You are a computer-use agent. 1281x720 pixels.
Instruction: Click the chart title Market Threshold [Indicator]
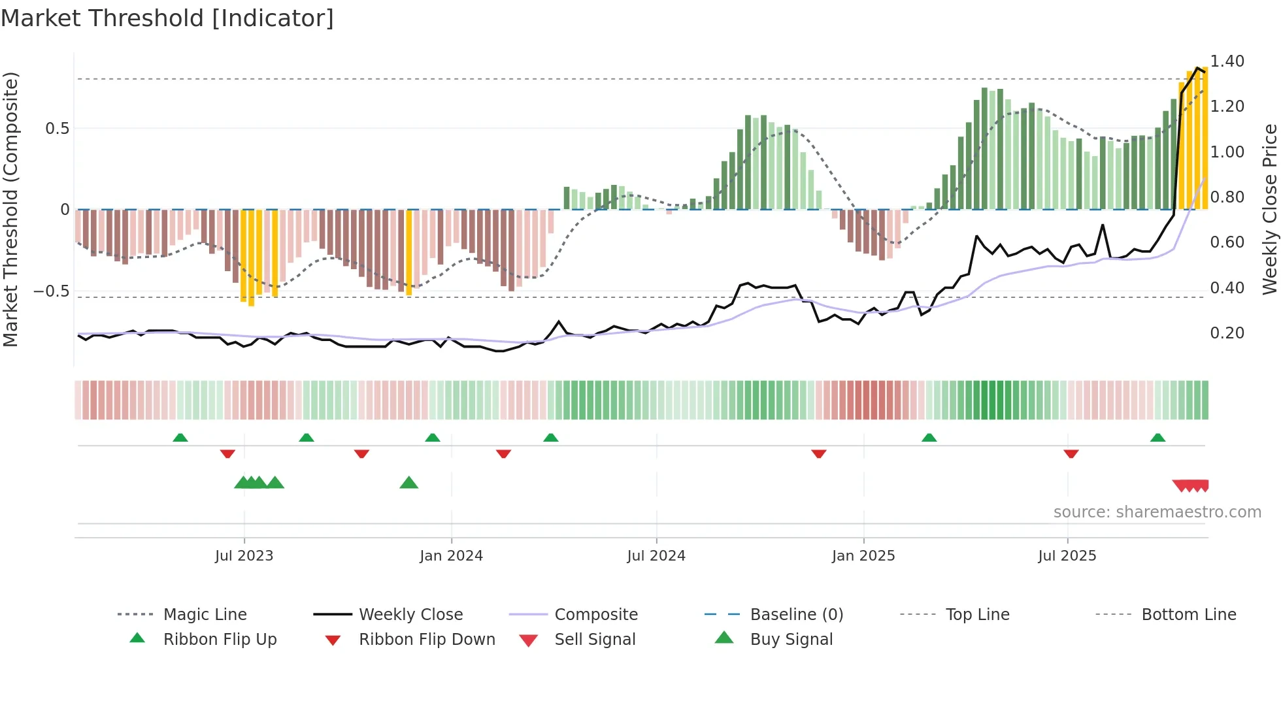[167, 18]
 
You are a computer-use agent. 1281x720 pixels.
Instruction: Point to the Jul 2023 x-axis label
[244, 556]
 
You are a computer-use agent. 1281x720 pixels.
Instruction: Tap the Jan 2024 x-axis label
[451, 556]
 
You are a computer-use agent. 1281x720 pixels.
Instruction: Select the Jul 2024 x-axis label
[656, 556]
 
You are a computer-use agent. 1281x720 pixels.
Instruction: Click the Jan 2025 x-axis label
[863, 556]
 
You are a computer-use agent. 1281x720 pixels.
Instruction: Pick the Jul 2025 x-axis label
[1067, 556]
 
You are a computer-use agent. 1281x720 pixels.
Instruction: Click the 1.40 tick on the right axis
[1227, 61]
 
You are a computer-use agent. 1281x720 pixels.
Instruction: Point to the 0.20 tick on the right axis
[1227, 333]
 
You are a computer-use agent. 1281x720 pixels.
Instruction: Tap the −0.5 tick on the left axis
[51, 291]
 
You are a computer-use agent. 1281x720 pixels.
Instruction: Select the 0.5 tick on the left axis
[57, 129]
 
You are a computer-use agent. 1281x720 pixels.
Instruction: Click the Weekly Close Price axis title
[1269, 209]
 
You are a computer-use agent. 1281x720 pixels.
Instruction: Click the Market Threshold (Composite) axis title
[10, 209]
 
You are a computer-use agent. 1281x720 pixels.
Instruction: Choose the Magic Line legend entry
[205, 615]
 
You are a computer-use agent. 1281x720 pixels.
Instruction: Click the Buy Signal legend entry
[791, 640]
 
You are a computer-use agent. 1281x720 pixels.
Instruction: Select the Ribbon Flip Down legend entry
[427, 640]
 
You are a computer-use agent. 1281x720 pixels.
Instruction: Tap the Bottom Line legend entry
[1188, 615]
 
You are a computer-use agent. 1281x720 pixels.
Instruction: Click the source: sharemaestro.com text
[1157, 512]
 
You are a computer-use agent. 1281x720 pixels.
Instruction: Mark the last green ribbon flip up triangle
[1157, 438]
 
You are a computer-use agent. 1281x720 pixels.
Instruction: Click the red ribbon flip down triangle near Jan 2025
[819, 453]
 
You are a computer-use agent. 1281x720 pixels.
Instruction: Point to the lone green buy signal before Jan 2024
[408, 483]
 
